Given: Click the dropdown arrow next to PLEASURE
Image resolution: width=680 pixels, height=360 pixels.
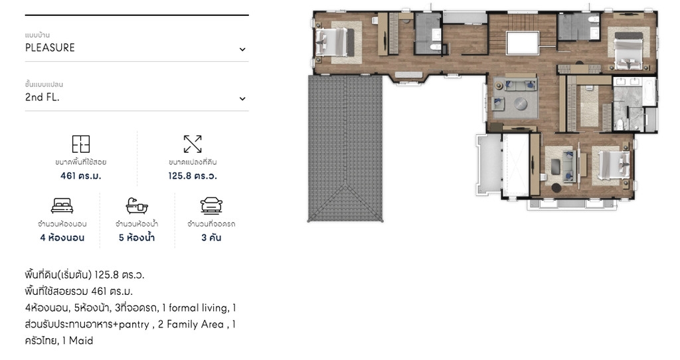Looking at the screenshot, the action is [242, 49].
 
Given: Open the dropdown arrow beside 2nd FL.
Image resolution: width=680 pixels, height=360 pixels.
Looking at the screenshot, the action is [242, 99].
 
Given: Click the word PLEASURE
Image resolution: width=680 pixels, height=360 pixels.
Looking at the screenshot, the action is [50, 48].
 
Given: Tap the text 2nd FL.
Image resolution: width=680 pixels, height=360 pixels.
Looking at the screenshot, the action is [42, 97].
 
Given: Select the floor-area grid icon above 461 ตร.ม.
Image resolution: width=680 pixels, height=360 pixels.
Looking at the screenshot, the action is [80, 144].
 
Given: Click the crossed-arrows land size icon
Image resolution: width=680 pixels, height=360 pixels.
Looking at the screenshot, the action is [193, 144].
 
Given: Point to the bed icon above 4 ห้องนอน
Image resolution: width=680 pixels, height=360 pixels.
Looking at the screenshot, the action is [62, 206].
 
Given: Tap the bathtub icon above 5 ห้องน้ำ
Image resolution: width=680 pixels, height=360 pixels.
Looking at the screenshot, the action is [137, 206].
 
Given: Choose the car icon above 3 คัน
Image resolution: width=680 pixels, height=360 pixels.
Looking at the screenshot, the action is [211, 206].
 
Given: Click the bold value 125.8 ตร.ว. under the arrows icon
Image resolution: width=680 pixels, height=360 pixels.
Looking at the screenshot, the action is [193, 175].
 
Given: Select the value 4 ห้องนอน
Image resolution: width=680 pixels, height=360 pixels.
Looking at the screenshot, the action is [62, 238].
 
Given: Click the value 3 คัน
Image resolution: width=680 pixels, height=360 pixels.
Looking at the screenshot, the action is [211, 238].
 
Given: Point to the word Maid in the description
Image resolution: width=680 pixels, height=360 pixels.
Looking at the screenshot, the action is [81, 341].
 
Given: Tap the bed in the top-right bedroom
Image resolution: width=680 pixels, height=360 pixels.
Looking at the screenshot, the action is [628, 50].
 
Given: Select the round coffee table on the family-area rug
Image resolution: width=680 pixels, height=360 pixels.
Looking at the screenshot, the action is [521, 104].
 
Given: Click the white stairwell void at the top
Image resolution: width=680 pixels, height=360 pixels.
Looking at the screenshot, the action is [523, 43].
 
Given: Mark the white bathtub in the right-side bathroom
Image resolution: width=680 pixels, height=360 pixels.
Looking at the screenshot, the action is [649, 92].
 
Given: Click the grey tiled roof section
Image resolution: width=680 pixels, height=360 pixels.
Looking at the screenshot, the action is [345, 148].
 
